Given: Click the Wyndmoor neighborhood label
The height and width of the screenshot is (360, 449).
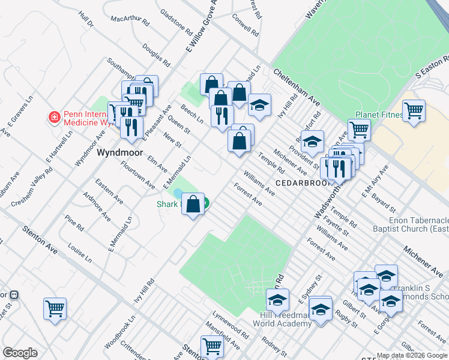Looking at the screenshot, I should pos(120,153).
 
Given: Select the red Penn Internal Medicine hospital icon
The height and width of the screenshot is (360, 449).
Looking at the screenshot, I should pos(54,116).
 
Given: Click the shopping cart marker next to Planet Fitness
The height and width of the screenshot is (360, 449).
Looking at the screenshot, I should pos(414,110).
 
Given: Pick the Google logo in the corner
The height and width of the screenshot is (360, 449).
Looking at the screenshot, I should pos(20,353).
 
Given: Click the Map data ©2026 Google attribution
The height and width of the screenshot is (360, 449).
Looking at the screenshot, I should pos(412,355).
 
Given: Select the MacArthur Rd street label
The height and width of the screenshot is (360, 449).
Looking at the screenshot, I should pos(130,20).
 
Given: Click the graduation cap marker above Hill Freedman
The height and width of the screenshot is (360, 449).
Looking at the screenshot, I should pos(278,299).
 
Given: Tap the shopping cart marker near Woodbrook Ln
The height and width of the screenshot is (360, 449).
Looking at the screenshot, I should pos(55,308).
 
